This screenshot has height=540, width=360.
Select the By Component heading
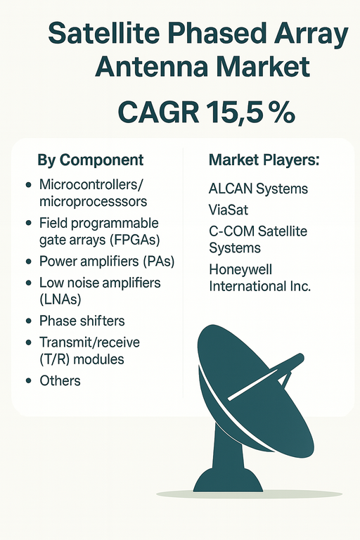[x=90, y=160]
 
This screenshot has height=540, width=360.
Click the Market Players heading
[x=264, y=160]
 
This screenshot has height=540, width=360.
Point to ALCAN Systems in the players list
[x=258, y=189]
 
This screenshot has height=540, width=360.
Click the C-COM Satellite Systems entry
[x=258, y=239]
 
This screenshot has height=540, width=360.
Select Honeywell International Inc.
[x=259, y=278]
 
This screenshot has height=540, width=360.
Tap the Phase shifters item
[x=82, y=321]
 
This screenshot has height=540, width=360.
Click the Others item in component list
[x=60, y=380]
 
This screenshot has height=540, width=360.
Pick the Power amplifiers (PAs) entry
[x=107, y=262]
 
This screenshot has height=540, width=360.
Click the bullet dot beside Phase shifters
[x=27, y=321]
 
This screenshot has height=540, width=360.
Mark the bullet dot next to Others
[x=27, y=381]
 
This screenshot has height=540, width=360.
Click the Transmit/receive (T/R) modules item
[x=89, y=350]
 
